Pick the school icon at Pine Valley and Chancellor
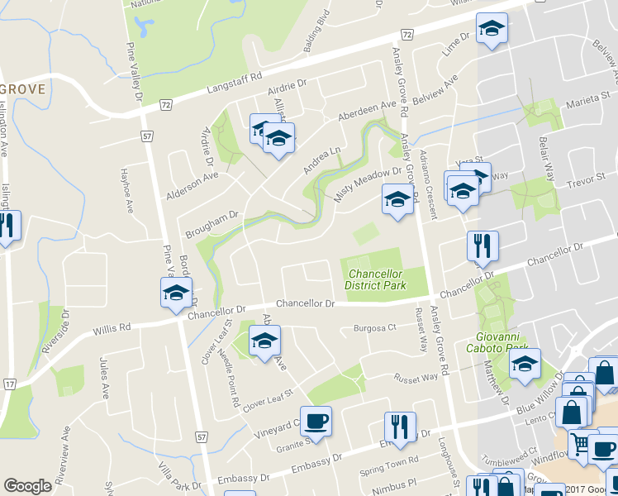[176, 294]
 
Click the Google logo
[27, 486]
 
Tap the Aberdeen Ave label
[367, 110]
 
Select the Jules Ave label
[104, 378]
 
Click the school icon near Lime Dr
[492, 31]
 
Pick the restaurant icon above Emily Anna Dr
[400, 427]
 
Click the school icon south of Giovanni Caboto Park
[525, 365]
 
